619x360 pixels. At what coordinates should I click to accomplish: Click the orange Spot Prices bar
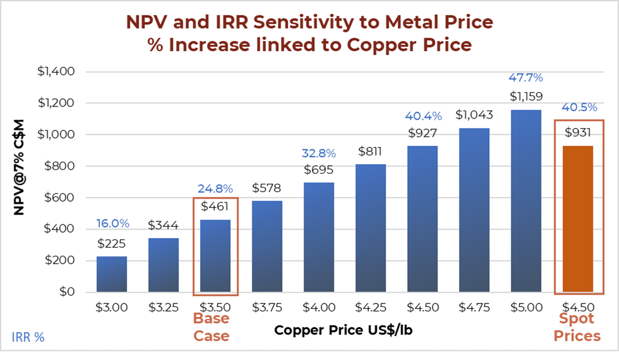578,219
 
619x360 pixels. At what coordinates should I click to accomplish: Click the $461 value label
215,206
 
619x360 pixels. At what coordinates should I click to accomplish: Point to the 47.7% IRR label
526,77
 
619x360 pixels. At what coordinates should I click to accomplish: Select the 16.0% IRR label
112,224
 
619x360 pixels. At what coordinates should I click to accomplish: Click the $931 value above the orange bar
577,132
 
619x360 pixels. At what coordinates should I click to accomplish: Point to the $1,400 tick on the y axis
56,72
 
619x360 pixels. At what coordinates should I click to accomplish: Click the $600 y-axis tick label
60,198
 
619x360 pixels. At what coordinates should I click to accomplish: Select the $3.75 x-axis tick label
267,308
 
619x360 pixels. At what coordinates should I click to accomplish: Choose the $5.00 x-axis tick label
526,308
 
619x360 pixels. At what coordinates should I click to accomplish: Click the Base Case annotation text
211,327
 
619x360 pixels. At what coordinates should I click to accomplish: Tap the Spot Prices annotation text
577,327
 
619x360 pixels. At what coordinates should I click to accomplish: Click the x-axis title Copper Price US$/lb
343,330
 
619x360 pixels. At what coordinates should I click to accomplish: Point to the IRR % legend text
28,337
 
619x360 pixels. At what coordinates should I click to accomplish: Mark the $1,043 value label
474,115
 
